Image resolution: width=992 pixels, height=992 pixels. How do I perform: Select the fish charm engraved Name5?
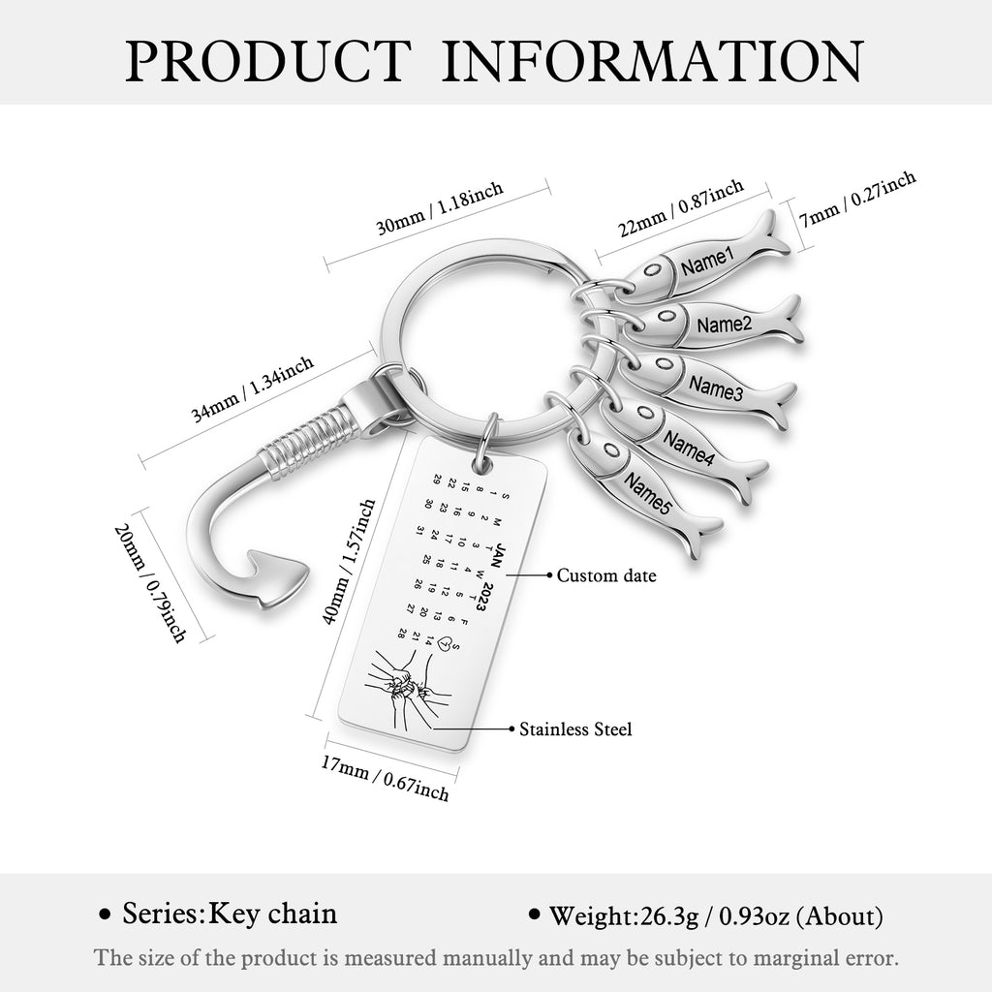tap(643, 491)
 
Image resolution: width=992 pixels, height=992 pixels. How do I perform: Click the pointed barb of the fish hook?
tap(279, 576)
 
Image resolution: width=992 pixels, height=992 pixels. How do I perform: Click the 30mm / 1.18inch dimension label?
tap(441, 207)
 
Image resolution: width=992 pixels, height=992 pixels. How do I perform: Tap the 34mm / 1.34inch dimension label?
tap(253, 388)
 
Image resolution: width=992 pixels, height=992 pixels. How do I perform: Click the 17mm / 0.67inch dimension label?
tap(385, 778)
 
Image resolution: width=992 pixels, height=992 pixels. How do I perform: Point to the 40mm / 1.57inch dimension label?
tap(349, 561)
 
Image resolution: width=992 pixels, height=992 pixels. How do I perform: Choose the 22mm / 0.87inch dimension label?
tap(681, 207)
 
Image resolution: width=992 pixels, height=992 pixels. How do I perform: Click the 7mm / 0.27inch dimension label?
tap(856, 200)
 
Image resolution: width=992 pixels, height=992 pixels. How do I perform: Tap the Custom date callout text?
tap(606, 575)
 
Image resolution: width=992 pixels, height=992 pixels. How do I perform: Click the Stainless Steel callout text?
tap(575, 729)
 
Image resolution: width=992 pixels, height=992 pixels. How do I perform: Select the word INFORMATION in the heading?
tap(652, 61)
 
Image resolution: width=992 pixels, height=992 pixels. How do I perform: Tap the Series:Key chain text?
tap(229, 914)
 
